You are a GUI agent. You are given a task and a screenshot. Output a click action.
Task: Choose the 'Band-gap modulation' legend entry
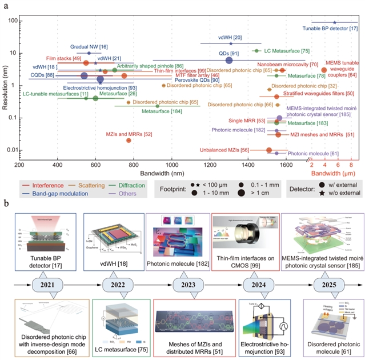tap(47, 194)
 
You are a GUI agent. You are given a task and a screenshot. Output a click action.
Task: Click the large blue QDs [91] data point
tap(230, 60)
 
